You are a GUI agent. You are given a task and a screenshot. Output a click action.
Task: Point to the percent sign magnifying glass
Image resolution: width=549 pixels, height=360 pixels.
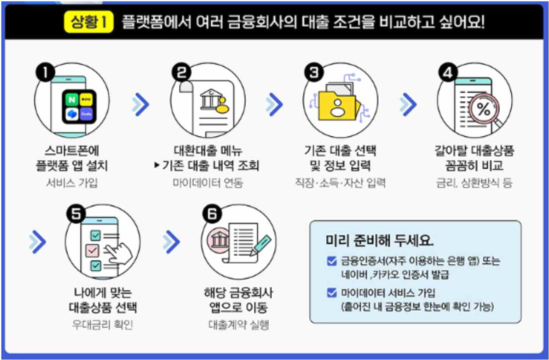tap(483, 110)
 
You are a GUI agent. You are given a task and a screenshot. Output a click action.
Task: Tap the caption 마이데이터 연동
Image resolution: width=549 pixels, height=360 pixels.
tap(208, 182)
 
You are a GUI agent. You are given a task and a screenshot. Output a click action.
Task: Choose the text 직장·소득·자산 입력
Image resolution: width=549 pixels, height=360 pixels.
tap(340, 182)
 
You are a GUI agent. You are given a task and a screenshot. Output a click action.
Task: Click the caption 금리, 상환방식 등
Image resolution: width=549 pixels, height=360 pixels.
tap(474, 182)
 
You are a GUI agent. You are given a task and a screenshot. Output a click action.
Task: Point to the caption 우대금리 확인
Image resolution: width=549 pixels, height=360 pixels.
tap(103, 324)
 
